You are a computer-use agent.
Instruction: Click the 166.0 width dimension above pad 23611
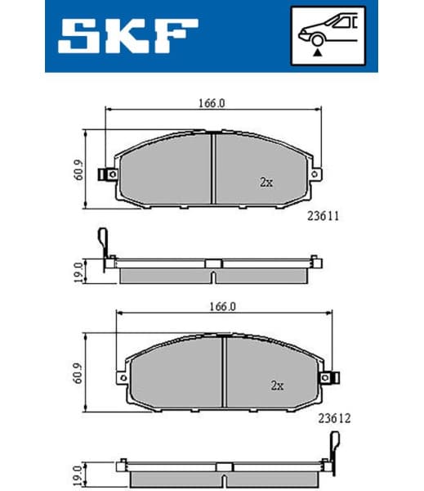(211, 103)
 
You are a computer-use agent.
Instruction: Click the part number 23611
(323, 217)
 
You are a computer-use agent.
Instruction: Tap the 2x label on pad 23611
(266, 182)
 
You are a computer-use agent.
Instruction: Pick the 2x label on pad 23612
(277, 385)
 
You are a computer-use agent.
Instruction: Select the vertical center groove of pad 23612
(224, 373)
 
